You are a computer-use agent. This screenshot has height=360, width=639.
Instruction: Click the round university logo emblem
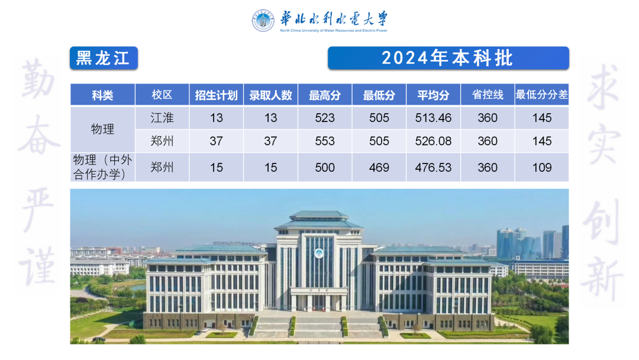click(x=263, y=20)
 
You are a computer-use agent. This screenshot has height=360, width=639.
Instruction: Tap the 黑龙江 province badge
click(x=104, y=58)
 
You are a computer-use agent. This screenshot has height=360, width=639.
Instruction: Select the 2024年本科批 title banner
click(x=448, y=58)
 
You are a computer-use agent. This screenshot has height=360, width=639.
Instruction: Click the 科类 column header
click(x=102, y=95)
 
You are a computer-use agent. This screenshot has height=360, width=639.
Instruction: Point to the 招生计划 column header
click(x=216, y=95)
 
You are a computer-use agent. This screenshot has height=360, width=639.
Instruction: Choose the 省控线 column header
click(x=488, y=95)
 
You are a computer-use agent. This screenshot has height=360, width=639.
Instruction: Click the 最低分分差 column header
click(x=541, y=95)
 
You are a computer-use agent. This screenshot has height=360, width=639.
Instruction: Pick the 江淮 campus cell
click(x=162, y=118)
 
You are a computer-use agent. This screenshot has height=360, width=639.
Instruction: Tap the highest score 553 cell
click(x=325, y=141)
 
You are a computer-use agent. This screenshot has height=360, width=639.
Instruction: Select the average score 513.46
click(x=433, y=118)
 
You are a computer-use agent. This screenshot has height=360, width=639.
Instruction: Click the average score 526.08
click(x=433, y=141)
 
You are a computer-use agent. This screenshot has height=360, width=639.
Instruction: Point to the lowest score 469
click(x=379, y=167)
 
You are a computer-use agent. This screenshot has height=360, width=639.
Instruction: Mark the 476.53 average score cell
click(x=433, y=167)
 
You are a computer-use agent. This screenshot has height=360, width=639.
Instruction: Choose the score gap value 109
click(x=541, y=167)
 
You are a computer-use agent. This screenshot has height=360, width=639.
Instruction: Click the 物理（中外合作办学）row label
click(x=102, y=167)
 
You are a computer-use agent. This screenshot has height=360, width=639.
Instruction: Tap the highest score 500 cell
click(x=325, y=167)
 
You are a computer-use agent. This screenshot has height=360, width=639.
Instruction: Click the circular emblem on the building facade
click(x=319, y=253)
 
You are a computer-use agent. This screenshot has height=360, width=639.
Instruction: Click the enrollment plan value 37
click(x=216, y=141)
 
